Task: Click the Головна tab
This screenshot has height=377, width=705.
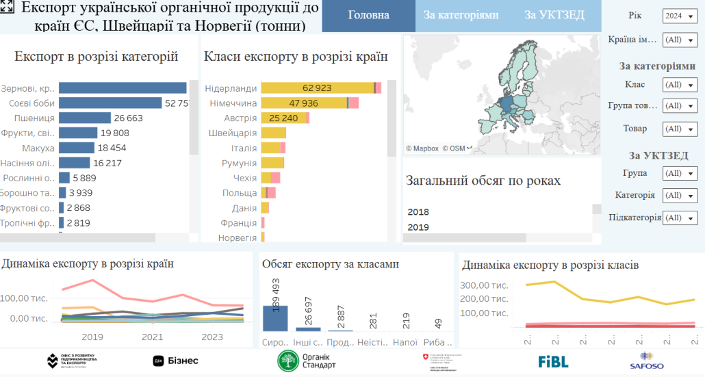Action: click(x=368, y=15)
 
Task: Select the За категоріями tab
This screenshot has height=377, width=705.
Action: click(x=461, y=15)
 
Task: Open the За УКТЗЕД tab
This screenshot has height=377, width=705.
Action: click(x=553, y=15)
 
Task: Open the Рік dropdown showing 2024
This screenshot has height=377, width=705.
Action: click(x=680, y=16)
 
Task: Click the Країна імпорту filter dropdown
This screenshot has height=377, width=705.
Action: click(x=680, y=40)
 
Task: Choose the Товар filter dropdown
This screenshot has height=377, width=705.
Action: click(x=680, y=129)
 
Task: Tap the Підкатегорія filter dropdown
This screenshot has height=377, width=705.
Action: click(x=680, y=218)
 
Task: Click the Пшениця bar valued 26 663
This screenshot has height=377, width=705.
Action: click(x=85, y=118)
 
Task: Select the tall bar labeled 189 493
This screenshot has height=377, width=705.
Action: click(x=275, y=317)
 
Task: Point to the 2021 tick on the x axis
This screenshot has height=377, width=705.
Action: click(x=153, y=337)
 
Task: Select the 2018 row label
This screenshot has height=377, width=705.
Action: click(x=418, y=212)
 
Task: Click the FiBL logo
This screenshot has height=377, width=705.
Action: click(x=553, y=361)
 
